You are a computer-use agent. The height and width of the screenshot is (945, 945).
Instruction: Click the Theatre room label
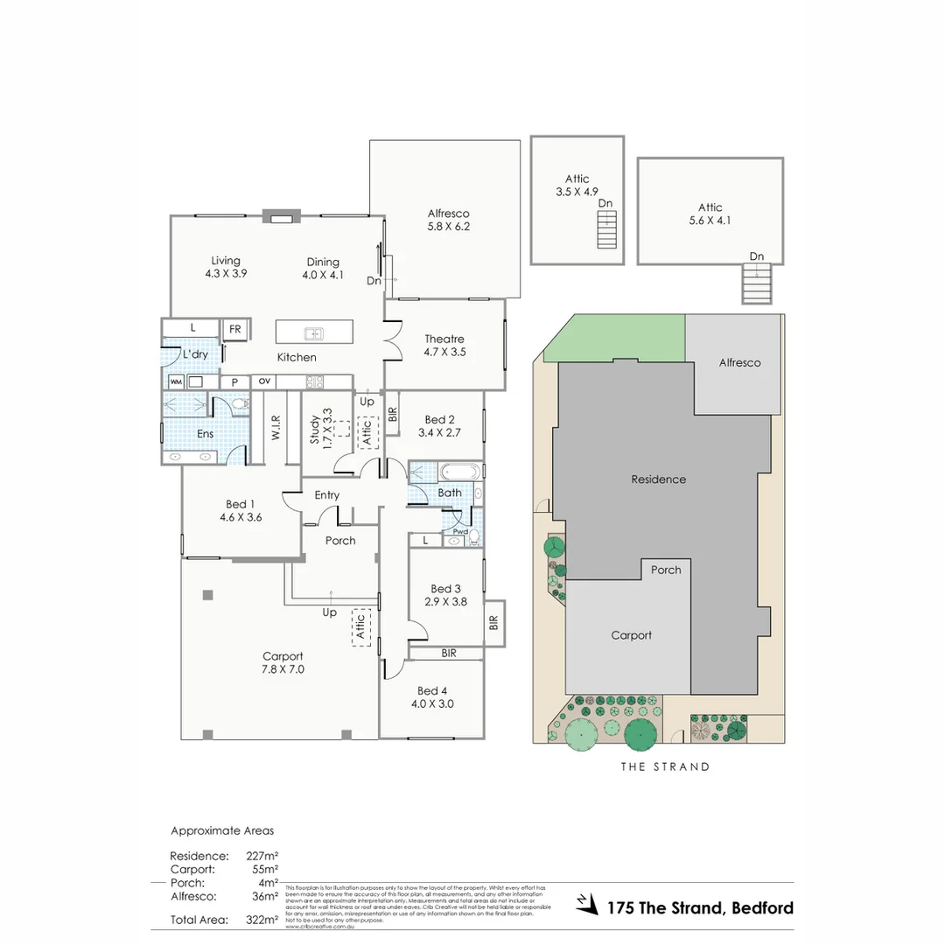444,339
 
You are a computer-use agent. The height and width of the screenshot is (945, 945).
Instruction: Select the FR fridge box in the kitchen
235,329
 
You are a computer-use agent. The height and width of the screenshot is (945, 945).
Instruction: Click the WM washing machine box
176,381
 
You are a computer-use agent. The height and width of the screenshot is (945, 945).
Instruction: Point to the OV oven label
264,381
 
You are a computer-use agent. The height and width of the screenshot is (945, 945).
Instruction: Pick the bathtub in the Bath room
460,471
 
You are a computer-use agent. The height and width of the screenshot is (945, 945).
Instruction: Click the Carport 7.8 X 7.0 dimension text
283,669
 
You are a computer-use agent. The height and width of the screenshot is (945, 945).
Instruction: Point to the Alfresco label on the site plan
739,362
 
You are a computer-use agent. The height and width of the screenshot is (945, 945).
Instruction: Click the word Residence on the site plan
658,479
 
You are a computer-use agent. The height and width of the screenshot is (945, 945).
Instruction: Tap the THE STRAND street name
665,766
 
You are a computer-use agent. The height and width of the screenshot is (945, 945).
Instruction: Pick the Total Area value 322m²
262,920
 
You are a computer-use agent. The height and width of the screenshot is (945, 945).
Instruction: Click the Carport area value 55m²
264,870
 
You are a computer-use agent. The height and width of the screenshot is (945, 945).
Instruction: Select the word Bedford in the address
760,907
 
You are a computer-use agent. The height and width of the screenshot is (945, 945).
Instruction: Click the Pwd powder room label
459,531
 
